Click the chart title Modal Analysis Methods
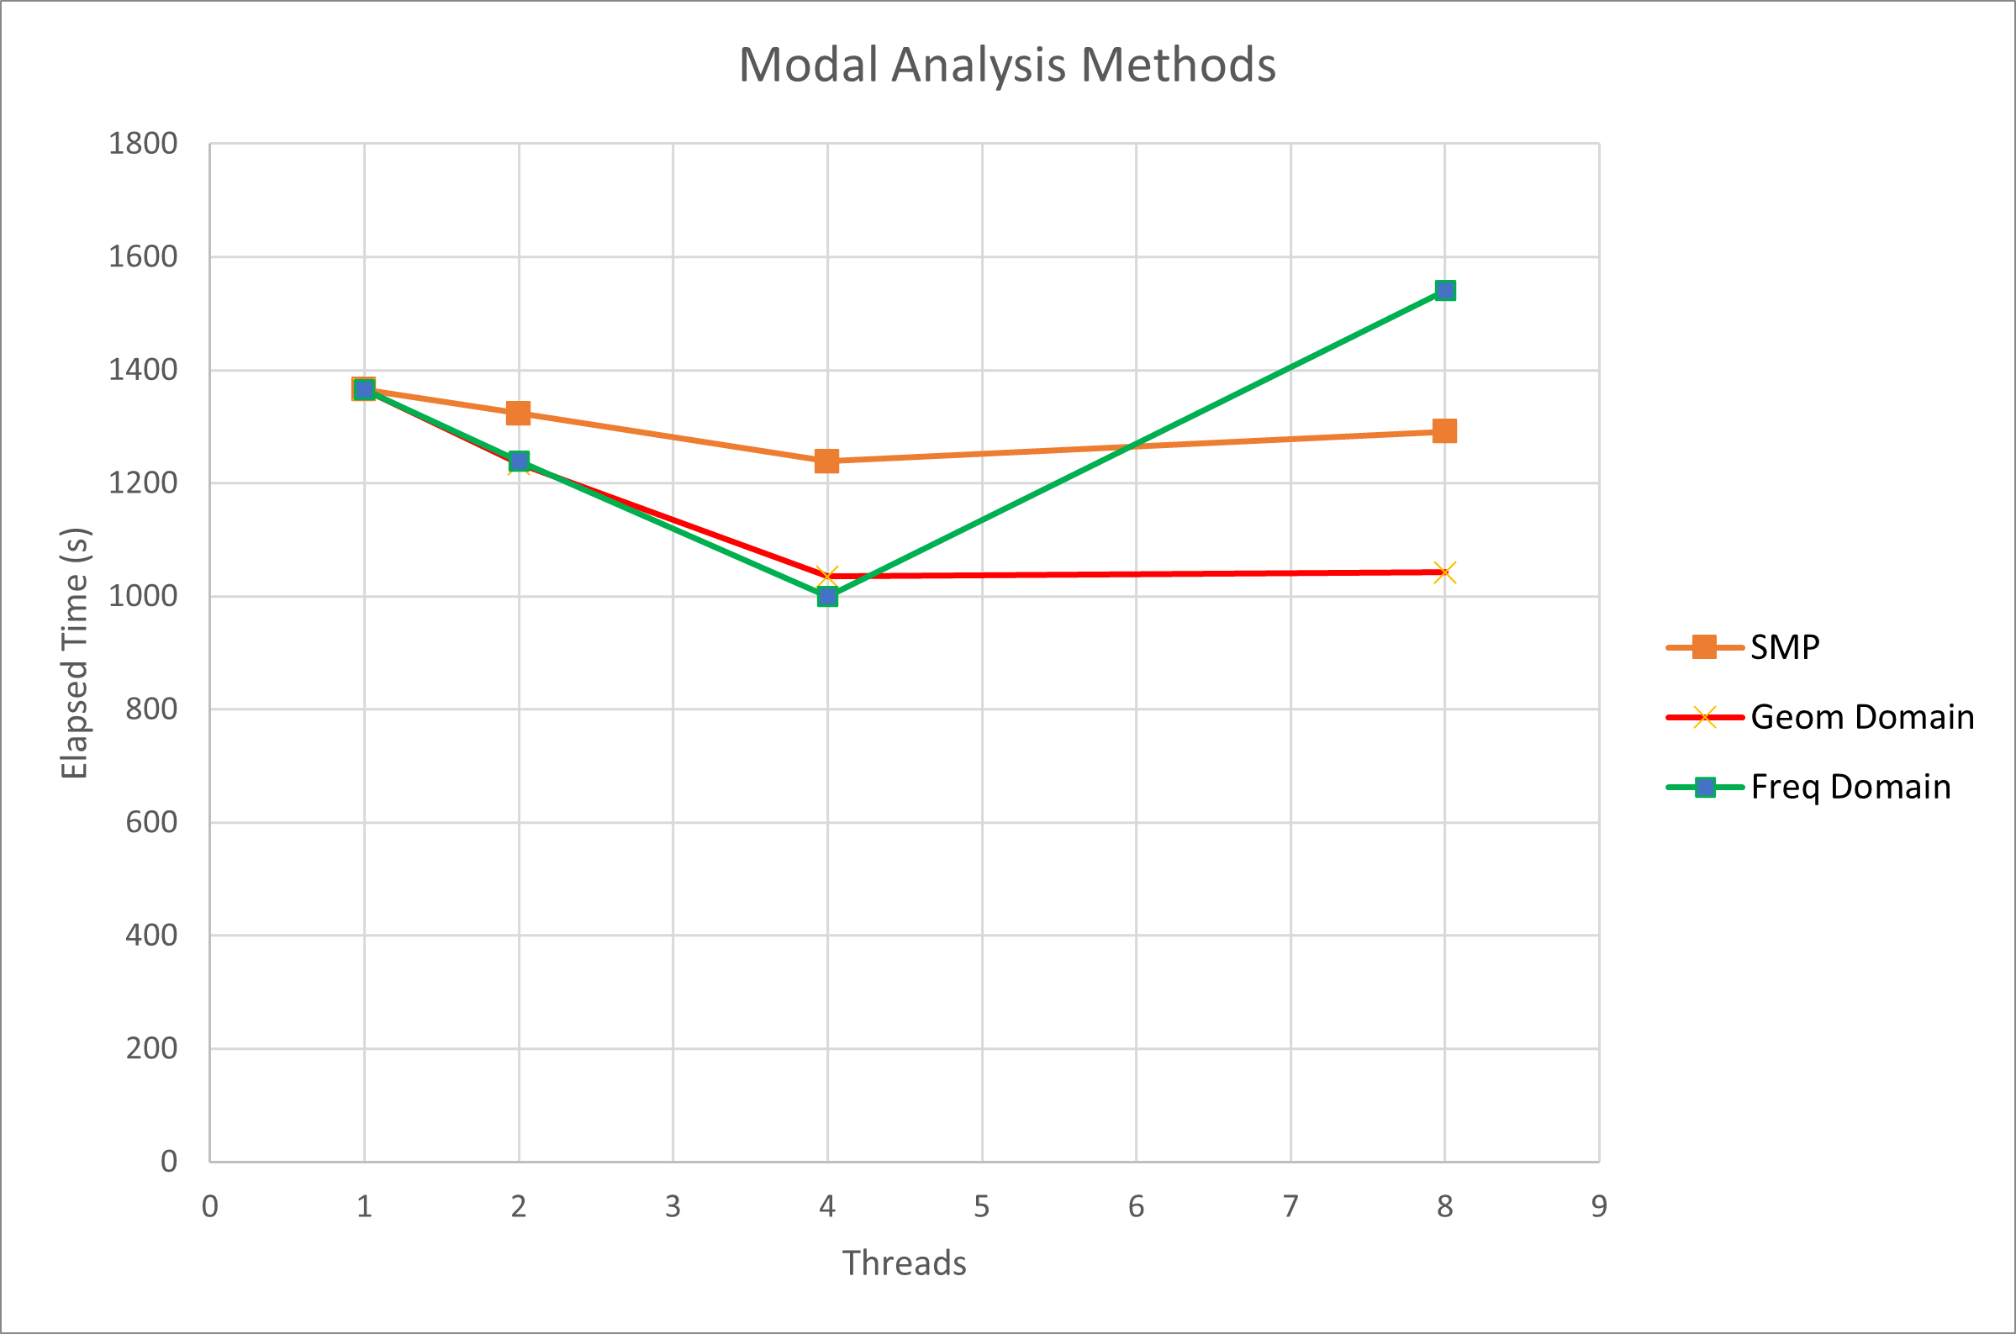[x=1007, y=65]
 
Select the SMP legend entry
[x=1785, y=647]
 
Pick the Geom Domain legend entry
[x=1862, y=717]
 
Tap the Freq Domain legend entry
[x=1850, y=787]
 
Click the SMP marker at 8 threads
[x=1444, y=431]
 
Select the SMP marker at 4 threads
[x=826, y=461]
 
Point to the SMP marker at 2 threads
[x=518, y=414]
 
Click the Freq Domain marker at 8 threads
[x=1444, y=291]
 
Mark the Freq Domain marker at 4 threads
[x=826, y=596]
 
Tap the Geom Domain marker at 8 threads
[x=1444, y=572]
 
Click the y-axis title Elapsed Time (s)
[x=75, y=653]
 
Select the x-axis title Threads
[x=905, y=1263]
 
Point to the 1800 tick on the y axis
[x=143, y=144]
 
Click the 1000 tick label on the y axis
[x=143, y=596]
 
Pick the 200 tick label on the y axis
[x=151, y=1048]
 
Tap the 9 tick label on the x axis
[x=1599, y=1206]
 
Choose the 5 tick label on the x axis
[x=982, y=1206]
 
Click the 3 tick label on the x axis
[x=673, y=1206]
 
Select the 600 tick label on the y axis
[x=151, y=822]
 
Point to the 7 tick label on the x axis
[x=1290, y=1206]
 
